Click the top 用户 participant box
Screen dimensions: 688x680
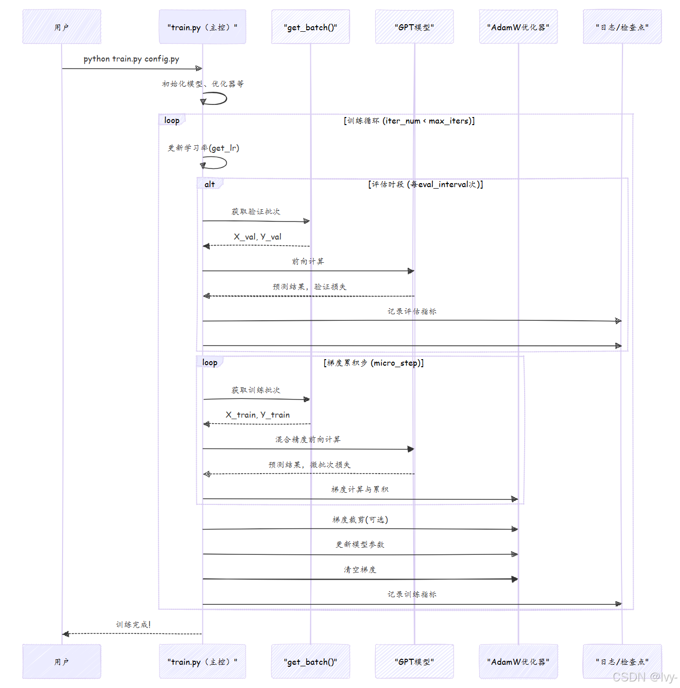[62, 27]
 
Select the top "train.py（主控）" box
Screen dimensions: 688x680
[202, 27]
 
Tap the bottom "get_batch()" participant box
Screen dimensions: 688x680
[310, 661]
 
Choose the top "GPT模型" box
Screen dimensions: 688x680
[414, 27]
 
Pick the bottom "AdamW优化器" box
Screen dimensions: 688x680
[518, 661]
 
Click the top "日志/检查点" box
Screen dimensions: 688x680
[622, 27]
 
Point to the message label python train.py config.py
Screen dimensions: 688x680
[131, 59]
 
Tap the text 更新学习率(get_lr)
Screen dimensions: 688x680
[203, 148]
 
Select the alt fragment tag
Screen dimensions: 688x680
[209, 184]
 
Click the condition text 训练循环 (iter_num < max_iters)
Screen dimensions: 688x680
[409, 121]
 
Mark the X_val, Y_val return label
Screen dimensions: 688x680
[257, 237]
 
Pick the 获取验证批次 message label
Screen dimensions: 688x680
[256, 211]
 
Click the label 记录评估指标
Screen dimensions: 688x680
[412, 311]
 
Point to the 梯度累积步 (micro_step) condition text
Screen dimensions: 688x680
[373, 363]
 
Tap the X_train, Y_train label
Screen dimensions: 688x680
[257, 415]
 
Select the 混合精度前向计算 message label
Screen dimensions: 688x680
[308, 439]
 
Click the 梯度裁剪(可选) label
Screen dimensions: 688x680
[360, 520]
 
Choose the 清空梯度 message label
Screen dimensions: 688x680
[360, 569]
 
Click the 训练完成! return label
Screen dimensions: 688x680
[133, 624]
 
